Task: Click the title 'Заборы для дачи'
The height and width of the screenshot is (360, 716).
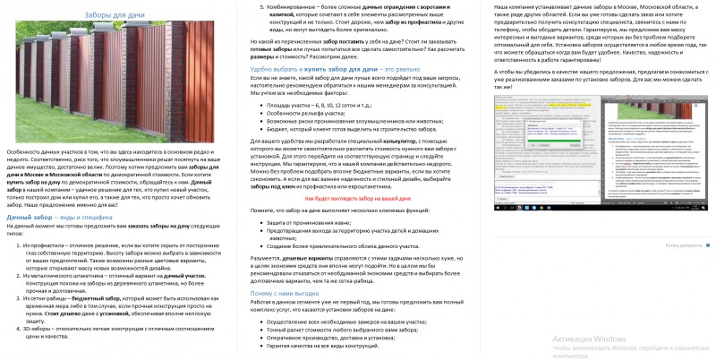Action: pos(111,15)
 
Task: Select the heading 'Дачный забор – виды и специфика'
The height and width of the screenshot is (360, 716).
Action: pos(59,218)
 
